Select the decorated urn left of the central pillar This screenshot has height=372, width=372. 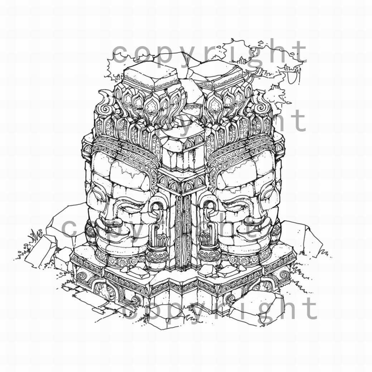[x=156, y=255]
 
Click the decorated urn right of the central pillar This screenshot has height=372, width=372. [x=209, y=255]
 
